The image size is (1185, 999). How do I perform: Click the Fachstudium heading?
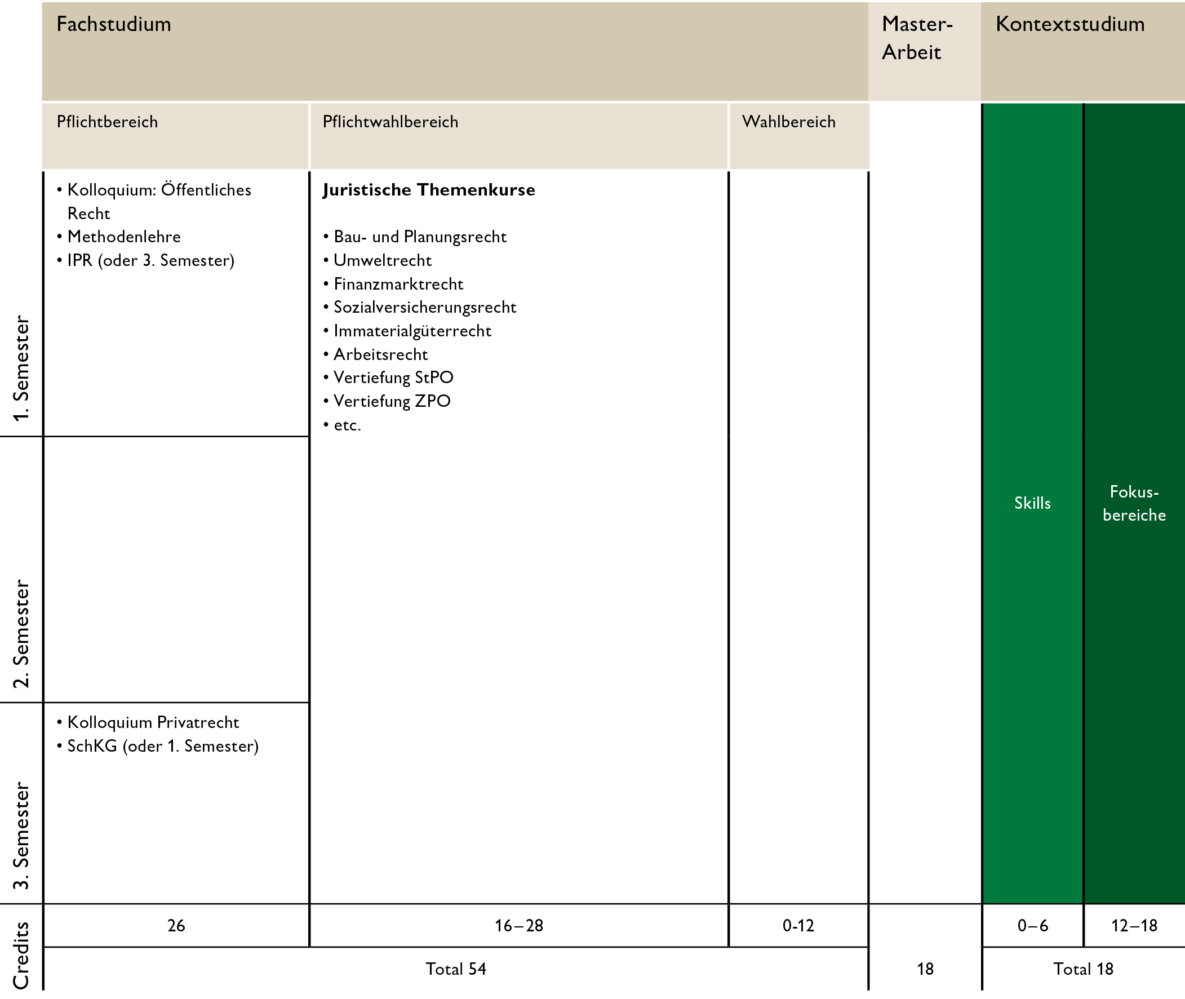tap(114, 24)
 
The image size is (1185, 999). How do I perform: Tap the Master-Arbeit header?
tap(917, 38)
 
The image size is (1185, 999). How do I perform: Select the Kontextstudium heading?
tap(1069, 24)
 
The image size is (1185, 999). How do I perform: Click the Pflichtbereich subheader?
tap(107, 122)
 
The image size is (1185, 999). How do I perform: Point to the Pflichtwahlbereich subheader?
tap(390, 122)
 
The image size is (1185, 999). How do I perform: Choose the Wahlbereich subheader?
tap(788, 122)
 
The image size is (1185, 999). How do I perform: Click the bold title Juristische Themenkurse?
tap(429, 190)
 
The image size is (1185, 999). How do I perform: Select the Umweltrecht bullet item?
tap(383, 260)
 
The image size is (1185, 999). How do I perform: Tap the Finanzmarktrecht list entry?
tap(398, 284)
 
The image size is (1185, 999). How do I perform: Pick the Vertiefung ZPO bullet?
tap(392, 401)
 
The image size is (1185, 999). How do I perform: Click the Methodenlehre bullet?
tap(123, 237)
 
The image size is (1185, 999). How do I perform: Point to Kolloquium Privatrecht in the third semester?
tap(153, 723)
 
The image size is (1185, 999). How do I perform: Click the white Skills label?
tap(1032, 503)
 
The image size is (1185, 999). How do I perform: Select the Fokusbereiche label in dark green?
tap(1134, 503)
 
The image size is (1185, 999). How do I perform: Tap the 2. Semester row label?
tap(21, 634)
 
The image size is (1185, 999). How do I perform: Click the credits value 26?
tap(176, 925)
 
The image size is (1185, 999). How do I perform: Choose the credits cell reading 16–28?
tap(519, 925)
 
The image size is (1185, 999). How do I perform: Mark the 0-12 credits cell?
tap(798, 925)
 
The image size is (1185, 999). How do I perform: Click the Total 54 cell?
tap(456, 969)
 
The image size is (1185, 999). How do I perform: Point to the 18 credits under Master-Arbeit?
tap(925, 969)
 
